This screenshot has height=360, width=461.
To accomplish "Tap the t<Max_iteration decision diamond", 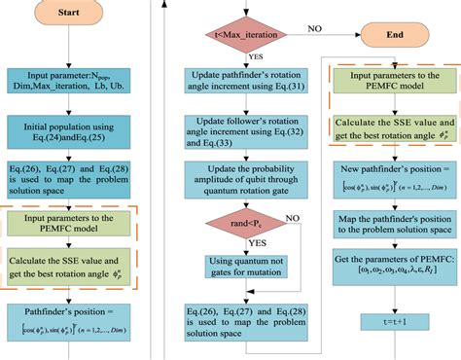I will pos(234,36).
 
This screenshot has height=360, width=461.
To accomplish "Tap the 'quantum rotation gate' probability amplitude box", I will pos(235,186).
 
